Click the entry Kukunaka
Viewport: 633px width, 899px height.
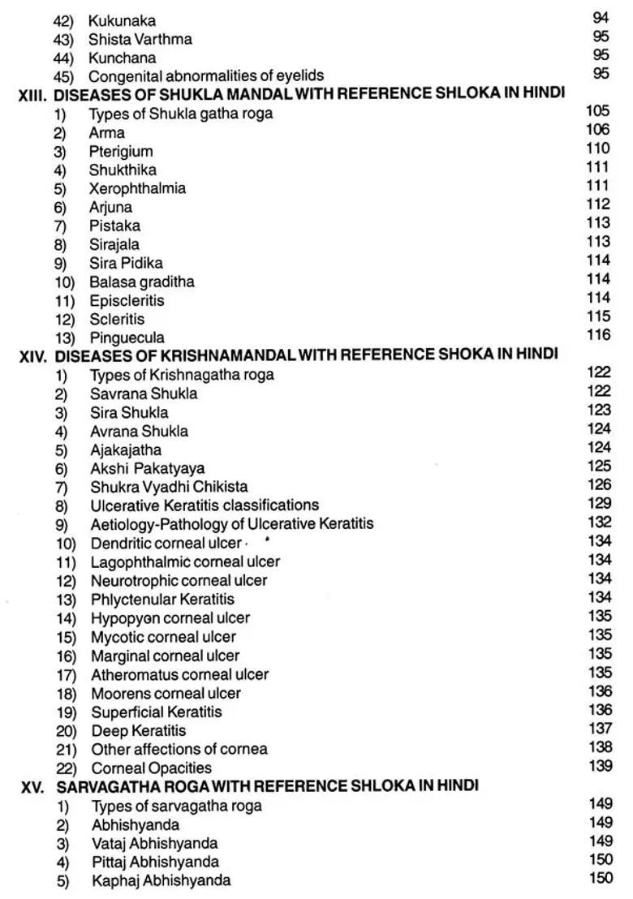(122, 20)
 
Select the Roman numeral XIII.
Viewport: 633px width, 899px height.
(34, 94)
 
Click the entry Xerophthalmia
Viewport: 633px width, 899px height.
(137, 188)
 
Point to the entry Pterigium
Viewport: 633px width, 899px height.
(121, 151)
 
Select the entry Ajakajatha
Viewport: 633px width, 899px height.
(126, 449)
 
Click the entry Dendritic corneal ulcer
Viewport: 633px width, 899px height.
(166, 543)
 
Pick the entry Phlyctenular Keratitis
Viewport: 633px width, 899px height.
(162, 599)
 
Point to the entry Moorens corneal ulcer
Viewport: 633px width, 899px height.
(166, 693)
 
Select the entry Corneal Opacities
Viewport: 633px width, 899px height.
(151, 768)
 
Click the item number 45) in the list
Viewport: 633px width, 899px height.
(64, 76)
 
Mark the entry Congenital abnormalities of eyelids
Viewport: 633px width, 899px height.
(206, 76)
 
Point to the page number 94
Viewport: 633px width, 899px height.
(601, 18)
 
